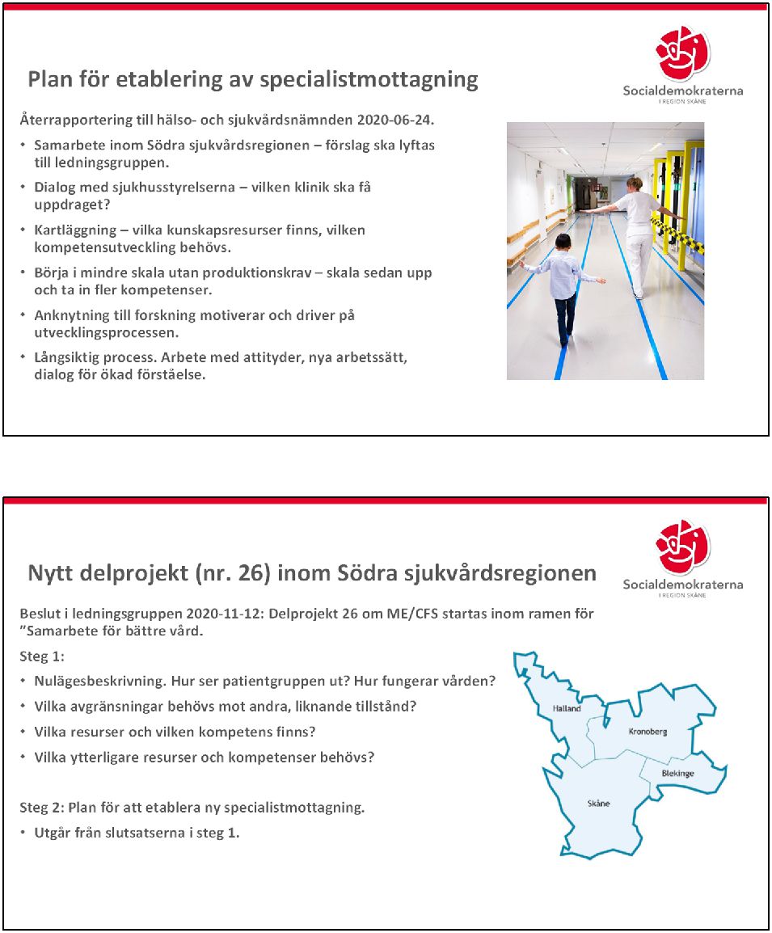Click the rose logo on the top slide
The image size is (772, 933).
point(682,53)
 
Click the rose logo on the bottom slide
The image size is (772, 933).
point(682,547)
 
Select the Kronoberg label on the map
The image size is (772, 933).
point(648,731)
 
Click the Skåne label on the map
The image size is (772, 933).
point(598,804)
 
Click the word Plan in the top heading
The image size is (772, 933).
point(54,80)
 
